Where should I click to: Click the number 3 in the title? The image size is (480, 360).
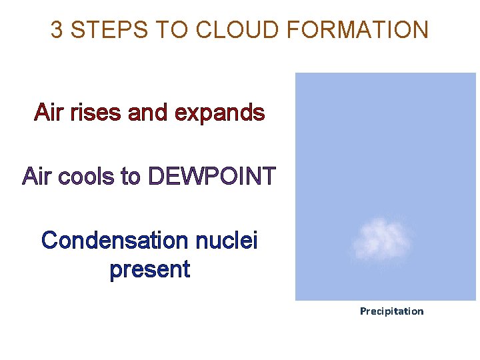pos(57,30)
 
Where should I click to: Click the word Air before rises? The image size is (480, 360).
pos(49,113)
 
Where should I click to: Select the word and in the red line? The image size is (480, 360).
pos(148,113)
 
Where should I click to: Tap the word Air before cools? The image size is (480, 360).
pos(37,177)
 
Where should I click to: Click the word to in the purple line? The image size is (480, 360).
pos(131,177)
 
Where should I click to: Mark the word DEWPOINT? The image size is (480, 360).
pos(211,177)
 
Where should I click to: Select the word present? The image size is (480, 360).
pos(150,270)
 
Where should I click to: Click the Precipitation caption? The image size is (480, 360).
pos(391,311)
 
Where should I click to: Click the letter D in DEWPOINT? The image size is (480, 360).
pos(157,177)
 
